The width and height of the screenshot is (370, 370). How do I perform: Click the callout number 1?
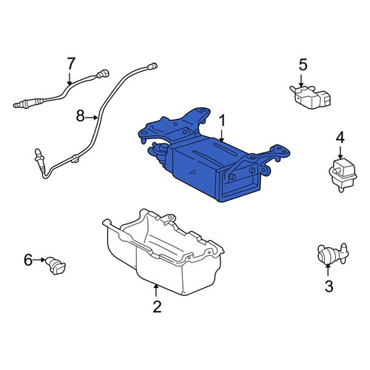pos(222,121)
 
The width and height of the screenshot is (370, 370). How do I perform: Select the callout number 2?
pos(157,306)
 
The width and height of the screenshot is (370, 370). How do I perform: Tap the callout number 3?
pos(329,286)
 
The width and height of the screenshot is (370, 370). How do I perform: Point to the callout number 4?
pos(340,137)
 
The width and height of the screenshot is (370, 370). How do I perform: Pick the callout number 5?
pos(303,64)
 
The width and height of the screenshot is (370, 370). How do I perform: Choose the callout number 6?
pos(28,260)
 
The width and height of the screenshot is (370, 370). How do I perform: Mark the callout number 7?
pos(70,64)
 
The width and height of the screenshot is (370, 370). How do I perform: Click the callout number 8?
pos(80,116)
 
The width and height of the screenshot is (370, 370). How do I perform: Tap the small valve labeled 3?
pos(333,254)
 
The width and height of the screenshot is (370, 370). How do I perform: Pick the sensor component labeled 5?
pos(310,97)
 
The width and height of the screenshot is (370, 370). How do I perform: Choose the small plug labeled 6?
pos(55,266)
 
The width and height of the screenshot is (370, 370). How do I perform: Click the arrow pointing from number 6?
pos(39,260)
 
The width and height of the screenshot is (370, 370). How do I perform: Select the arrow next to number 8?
pos(92,118)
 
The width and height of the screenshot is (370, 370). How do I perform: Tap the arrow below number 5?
pos(301,80)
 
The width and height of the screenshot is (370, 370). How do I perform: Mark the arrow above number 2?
pos(155,291)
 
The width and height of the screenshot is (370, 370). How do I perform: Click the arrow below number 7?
pos(70,78)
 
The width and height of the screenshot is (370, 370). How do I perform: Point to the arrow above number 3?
pos(328,270)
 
